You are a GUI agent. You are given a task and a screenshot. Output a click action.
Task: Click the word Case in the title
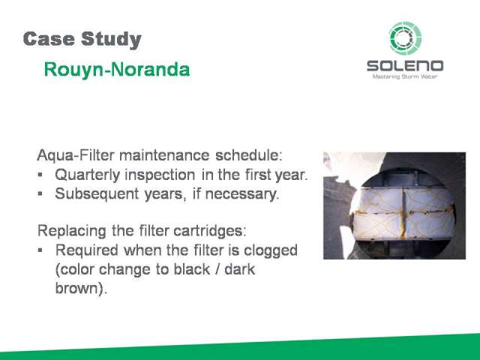coord(49,39)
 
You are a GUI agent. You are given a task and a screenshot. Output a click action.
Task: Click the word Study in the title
coord(112,40)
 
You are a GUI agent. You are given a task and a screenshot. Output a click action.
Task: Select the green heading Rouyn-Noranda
coord(117,70)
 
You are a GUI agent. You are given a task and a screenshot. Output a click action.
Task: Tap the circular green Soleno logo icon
coord(405,38)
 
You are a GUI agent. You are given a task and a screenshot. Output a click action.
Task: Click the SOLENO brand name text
coord(405,66)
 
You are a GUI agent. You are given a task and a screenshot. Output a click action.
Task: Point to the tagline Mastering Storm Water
coord(405,76)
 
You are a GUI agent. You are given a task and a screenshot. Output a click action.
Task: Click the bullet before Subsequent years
coord(40,193)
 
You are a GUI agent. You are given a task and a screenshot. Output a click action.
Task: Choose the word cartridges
coord(208,231)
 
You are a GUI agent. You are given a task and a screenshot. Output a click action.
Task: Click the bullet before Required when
coord(40,250)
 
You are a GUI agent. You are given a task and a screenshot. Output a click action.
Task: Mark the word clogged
coord(271,250)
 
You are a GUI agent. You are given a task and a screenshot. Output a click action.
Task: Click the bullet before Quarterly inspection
coord(40,175)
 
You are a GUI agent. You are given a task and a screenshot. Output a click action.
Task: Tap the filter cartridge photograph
coord(394,205)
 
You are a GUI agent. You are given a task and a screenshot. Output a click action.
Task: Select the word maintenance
coord(164,155)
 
